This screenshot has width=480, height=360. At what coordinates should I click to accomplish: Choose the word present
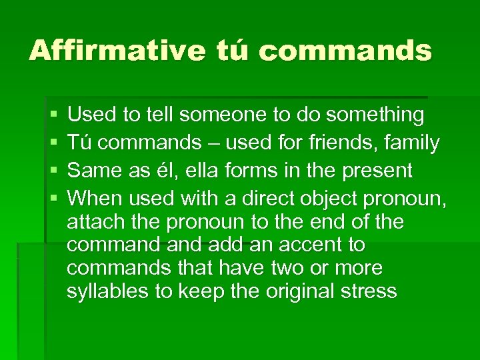click(377, 171)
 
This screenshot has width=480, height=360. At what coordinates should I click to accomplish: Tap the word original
click(297, 291)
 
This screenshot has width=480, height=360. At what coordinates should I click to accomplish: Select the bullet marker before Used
click(54, 116)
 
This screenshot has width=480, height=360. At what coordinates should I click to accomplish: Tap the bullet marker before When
click(54, 199)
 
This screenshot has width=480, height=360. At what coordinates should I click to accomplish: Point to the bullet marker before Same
click(54, 171)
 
